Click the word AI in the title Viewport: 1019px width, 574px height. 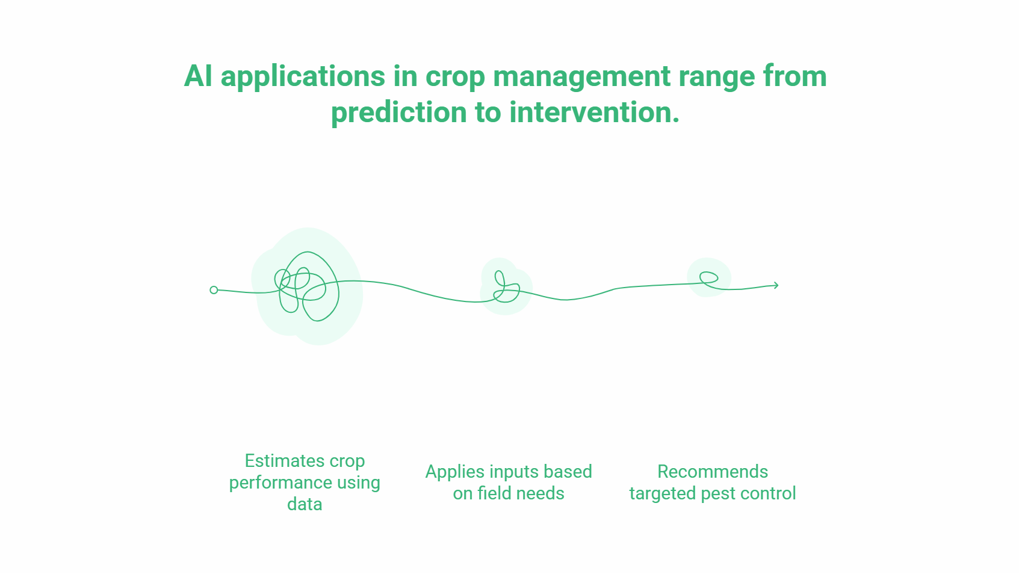click(x=198, y=76)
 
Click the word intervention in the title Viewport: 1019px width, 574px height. click(x=594, y=113)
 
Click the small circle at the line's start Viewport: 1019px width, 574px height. click(x=214, y=290)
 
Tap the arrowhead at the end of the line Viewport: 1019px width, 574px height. click(x=776, y=285)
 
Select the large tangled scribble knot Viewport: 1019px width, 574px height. click(x=307, y=286)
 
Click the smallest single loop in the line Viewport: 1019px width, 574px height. click(x=708, y=277)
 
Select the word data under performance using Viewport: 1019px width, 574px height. click(x=305, y=504)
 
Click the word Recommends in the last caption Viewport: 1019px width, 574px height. click(x=713, y=472)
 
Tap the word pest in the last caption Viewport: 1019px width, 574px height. click(x=719, y=494)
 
